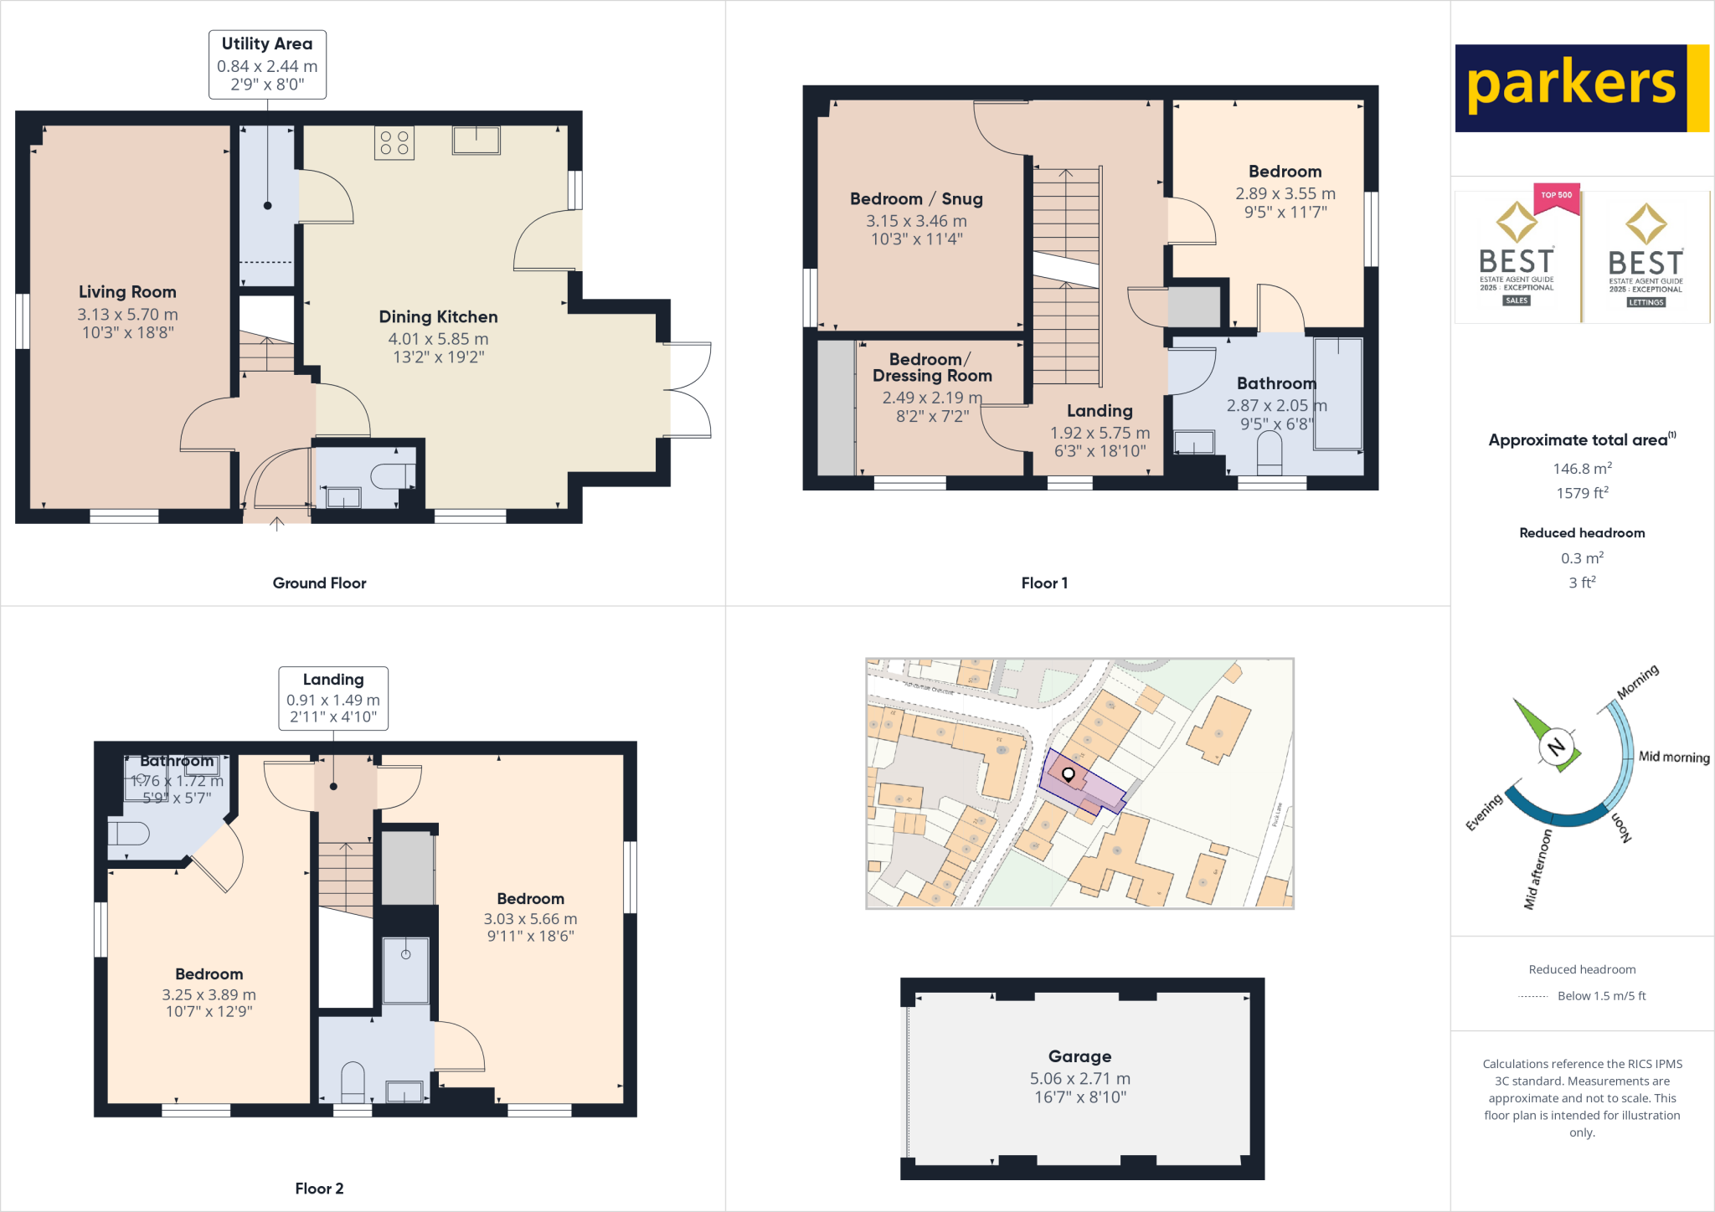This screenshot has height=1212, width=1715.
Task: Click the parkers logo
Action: [x=1581, y=88]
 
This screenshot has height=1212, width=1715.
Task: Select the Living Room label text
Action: [x=127, y=292]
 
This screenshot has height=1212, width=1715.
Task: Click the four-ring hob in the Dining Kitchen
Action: [x=394, y=143]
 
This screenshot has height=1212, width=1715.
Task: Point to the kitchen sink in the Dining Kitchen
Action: [x=476, y=140]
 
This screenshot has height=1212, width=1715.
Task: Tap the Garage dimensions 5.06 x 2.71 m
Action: [x=1079, y=1079]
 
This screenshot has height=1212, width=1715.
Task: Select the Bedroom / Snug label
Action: [x=916, y=199]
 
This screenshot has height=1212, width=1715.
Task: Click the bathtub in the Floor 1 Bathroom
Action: [x=1337, y=393]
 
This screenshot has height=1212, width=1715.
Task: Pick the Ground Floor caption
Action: [x=319, y=583]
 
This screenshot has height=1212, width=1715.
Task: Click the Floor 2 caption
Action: [x=319, y=1189]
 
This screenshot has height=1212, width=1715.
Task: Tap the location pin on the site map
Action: [x=1069, y=774]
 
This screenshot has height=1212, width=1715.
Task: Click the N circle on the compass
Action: [x=1556, y=747]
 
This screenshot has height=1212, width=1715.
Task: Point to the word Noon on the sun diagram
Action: [x=1621, y=827]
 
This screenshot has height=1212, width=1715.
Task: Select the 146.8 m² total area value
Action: [x=1582, y=469]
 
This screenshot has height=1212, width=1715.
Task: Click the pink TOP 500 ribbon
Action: [x=1556, y=197]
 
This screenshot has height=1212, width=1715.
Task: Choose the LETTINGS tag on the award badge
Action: [x=1645, y=302]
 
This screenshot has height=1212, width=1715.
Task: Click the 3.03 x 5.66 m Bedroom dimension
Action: [x=530, y=919]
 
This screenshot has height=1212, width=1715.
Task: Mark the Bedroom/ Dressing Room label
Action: [x=931, y=367]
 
